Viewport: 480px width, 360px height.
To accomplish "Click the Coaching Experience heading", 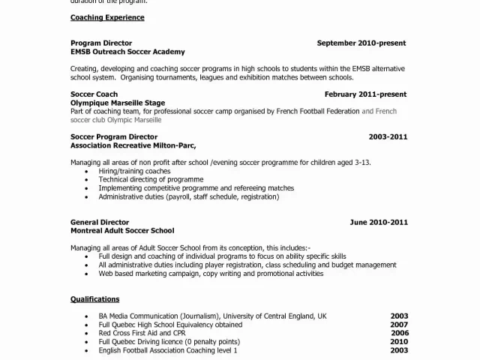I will click(107, 17).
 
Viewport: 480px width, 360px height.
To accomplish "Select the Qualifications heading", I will click(95, 299).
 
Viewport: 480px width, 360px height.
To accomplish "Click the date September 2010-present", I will click(361, 43).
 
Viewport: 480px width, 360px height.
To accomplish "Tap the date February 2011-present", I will click(365, 94).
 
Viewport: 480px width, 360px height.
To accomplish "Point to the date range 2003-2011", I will click(388, 137).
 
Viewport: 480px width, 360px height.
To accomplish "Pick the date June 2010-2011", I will click(379, 222).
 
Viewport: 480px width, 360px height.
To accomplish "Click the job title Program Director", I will click(101, 43).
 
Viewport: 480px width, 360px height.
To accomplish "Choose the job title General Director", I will click(100, 222).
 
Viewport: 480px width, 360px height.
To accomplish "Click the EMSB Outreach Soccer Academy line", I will click(127, 52).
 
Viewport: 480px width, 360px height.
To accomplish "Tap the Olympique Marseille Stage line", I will click(118, 103).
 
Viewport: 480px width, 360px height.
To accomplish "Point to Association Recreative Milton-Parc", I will click(138, 145).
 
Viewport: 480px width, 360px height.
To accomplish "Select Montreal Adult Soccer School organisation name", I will click(122, 231).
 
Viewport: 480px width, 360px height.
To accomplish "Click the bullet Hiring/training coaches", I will click(135, 172).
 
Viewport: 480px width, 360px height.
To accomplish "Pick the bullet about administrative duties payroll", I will click(188, 196).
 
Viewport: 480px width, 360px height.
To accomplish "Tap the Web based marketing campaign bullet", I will click(211, 274).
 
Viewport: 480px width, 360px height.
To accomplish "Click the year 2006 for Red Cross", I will click(399, 333).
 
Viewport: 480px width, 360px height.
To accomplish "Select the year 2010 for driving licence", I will click(399, 341).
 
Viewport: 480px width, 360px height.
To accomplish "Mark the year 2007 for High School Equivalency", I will click(399, 325).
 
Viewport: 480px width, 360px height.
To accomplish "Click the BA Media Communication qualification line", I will click(212, 316).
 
